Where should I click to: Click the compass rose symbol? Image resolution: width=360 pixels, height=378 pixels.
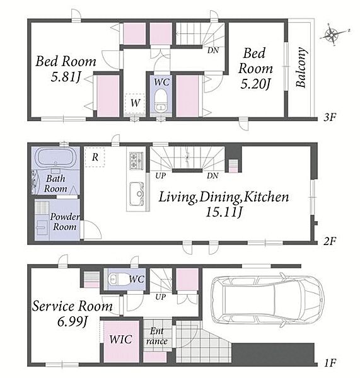pos(333,35)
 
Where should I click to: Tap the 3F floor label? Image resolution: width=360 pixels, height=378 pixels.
pos(330,117)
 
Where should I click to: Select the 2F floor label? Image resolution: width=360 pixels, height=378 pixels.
pos(330,241)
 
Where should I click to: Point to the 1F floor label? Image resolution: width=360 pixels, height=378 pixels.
pos(330,363)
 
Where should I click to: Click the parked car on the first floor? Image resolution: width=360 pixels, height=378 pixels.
pos(267,300)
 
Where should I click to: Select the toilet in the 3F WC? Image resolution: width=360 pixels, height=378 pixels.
pos(161,100)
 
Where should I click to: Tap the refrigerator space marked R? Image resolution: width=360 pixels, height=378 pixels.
pos(95,157)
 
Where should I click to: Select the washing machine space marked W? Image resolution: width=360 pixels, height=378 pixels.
pos(135,103)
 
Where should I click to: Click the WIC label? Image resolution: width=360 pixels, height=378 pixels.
pos(120,340)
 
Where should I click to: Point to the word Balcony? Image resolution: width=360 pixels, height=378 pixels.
pos(301,67)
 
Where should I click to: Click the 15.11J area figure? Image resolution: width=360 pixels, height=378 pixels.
pos(224,212)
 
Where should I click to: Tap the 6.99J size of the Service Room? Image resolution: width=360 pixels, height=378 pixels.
pos(72,321)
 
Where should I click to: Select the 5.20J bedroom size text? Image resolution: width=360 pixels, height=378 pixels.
pos(255,84)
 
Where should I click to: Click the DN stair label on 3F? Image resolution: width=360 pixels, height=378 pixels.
pos(213,50)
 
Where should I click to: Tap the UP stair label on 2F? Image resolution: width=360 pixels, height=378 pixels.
pos(161,176)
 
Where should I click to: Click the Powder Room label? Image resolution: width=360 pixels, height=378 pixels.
pos(65,222)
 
